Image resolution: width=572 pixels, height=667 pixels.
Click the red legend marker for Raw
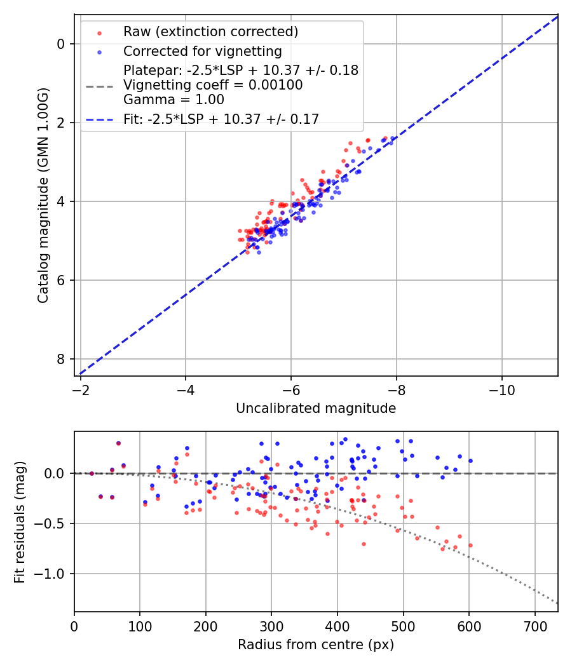click(x=99, y=32)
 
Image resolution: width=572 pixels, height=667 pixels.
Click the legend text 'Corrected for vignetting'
click(x=202, y=51)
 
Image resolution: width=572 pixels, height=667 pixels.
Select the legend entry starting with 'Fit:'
click(x=221, y=118)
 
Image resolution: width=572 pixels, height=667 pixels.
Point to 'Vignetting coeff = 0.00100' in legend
click(x=213, y=85)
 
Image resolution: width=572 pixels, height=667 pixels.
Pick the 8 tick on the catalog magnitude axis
click(x=62, y=359)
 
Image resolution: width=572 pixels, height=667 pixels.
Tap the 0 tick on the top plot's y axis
click(x=62, y=44)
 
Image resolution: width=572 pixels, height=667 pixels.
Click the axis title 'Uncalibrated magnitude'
click(x=316, y=408)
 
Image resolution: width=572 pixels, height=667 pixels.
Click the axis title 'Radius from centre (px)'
click(x=316, y=645)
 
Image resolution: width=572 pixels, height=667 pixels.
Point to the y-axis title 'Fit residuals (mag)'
click(x=20, y=522)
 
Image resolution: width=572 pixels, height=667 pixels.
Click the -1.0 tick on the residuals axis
click(x=55, y=574)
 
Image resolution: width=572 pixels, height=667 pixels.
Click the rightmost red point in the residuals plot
click(x=470, y=545)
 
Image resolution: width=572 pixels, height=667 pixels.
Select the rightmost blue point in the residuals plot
click(x=470, y=461)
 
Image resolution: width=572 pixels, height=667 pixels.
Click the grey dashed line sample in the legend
click(x=99, y=85)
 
